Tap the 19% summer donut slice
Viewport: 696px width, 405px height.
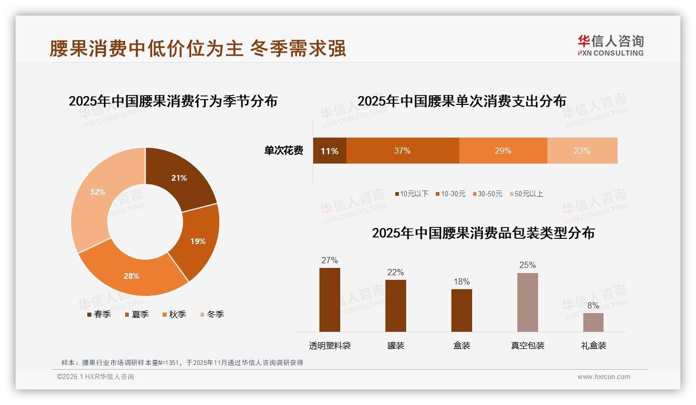point(197,241)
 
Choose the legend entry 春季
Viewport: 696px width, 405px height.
point(99,314)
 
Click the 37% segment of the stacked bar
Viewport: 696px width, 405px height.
point(403,151)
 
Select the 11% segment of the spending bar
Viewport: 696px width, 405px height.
point(329,151)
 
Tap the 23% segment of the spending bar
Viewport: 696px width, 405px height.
point(582,151)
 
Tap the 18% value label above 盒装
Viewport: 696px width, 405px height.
point(461,281)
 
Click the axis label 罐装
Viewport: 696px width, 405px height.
point(396,345)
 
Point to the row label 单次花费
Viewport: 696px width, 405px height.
point(284,151)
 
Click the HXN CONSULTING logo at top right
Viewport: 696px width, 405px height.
point(610,46)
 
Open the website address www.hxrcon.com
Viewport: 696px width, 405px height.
point(604,377)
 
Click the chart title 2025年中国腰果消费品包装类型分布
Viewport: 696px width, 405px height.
point(483,233)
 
